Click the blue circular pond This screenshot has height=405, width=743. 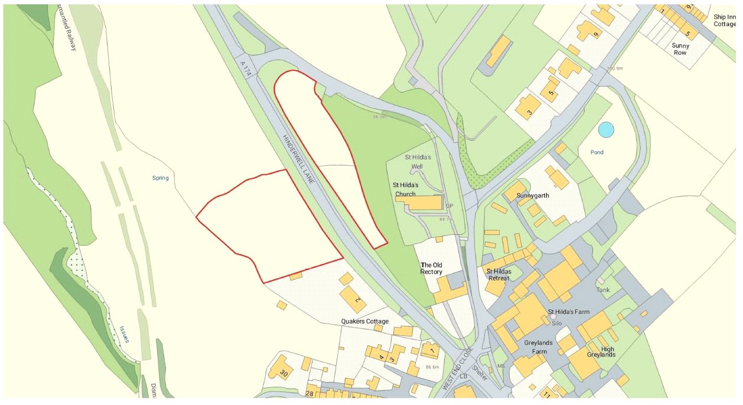pos(606,129)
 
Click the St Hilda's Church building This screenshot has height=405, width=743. pos(421,203)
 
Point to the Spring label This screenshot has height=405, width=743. pos(160,178)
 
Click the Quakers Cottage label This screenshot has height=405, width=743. pos(365,321)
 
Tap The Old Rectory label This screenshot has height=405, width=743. pos(431,268)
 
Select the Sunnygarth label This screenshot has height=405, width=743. pos(533,194)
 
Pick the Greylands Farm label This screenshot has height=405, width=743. pos(536,347)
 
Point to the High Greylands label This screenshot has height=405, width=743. pos(601,351)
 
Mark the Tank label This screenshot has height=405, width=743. pos(603,290)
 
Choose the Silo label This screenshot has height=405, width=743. pos(556,323)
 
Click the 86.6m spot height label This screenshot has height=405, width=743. pos(432,367)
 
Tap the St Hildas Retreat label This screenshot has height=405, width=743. pos(497,275)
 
